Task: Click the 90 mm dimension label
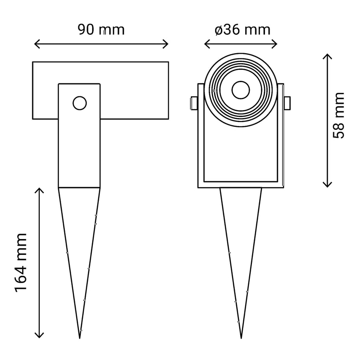tap(101, 29)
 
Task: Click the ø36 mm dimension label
tap(242, 29)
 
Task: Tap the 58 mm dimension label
tap(338, 115)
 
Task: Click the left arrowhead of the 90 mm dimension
tap(36, 44)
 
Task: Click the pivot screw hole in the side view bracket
tap(79, 103)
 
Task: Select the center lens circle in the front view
tap(241, 89)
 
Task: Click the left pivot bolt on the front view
tap(193, 103)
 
